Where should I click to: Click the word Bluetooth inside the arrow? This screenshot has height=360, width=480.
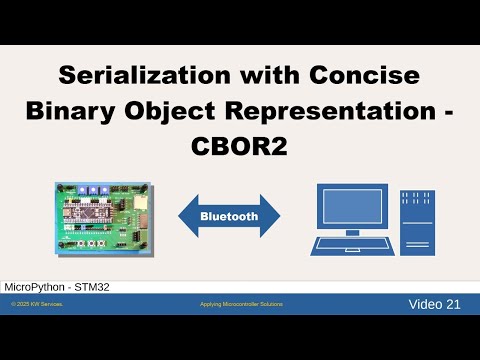click(x=229, y=215)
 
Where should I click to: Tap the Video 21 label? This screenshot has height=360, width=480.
click(x=434, y=304)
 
